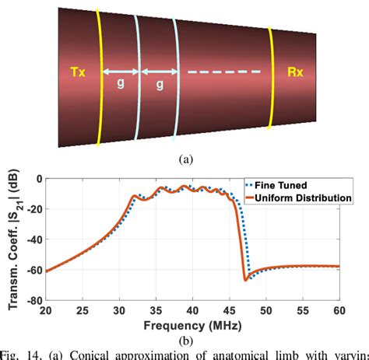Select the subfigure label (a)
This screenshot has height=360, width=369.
tap(185, 159)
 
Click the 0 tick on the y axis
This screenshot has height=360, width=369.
tap(38, 178)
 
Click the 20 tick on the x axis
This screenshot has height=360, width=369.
tap(46, 309)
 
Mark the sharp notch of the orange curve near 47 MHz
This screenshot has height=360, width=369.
tap(245, 279)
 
